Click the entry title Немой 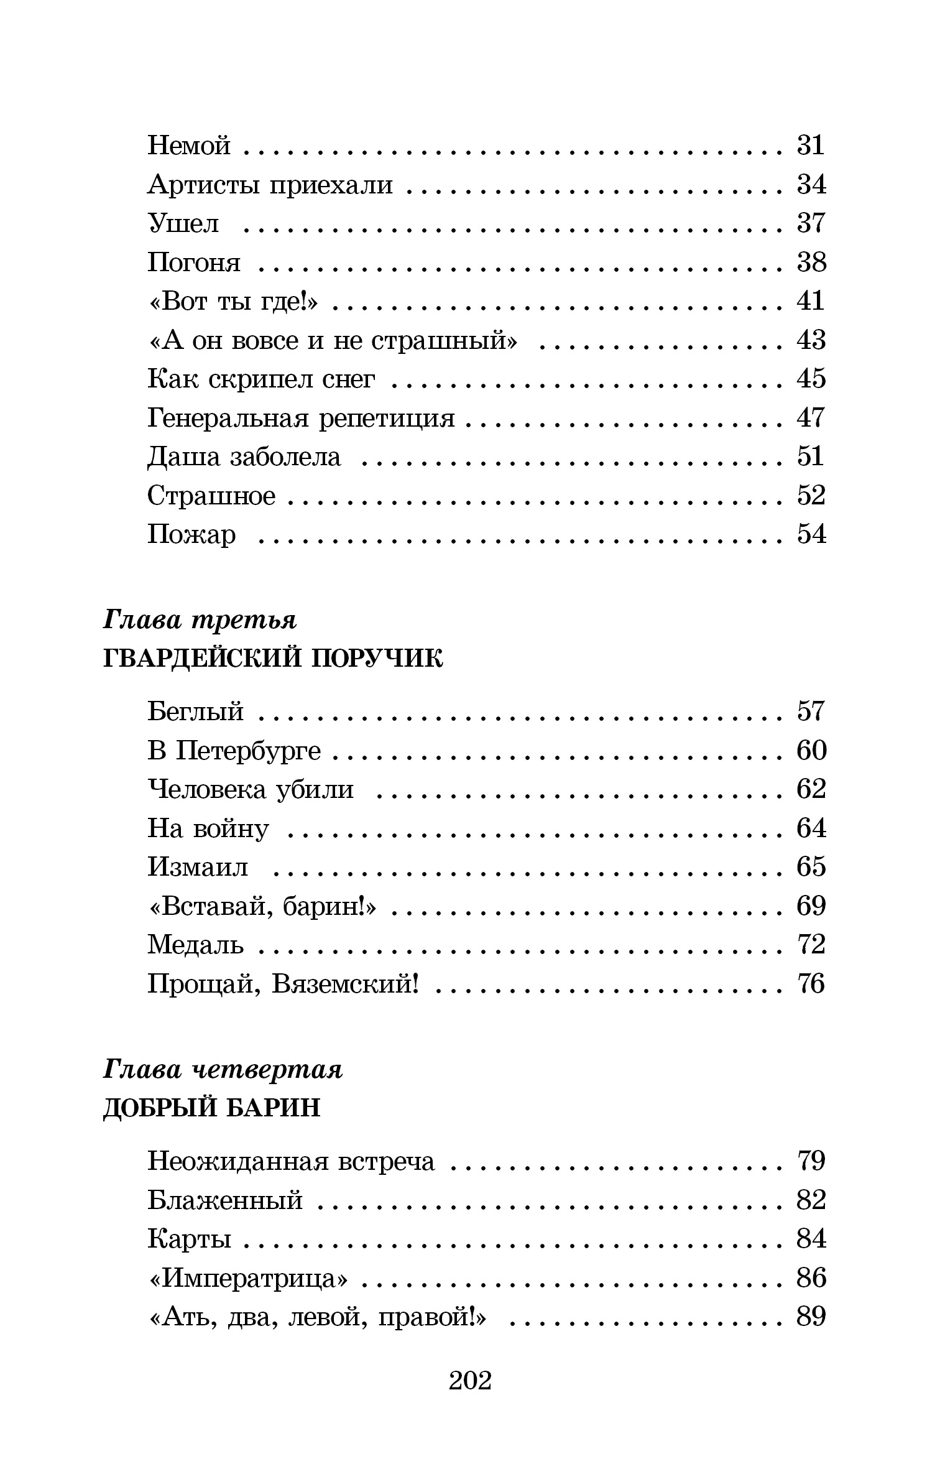[189, 146]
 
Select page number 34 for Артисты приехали [811, 185]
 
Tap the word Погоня [194, 263]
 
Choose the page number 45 [811, 379]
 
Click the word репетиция [387, 418]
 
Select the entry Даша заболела [244, 457]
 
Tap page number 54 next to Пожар [811, 535]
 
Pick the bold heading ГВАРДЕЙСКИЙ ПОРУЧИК [272, 659]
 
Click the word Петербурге [249, 751]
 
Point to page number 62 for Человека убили [811, 789]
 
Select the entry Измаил [198, 867]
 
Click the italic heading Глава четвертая [223, 1070]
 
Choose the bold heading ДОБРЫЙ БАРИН [211, 1108]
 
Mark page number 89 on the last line [811, 1317]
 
